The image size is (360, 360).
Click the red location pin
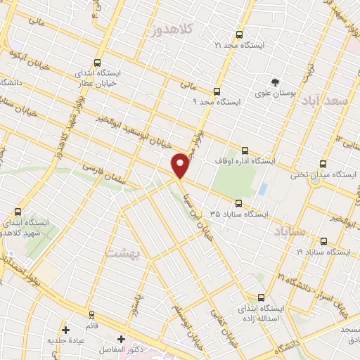[181, 165]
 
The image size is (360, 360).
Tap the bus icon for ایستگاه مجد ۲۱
[239, 34]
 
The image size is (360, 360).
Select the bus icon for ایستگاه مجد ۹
[216, 91]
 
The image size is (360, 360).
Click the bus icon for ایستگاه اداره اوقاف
[245, 150]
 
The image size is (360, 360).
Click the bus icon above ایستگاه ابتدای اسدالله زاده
[262, 297]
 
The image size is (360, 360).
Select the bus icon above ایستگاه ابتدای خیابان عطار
[97, 62]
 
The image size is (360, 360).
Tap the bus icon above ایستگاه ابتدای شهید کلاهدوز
[18, 211]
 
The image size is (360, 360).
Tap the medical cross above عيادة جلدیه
[65, 329]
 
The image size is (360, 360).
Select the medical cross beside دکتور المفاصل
[121, 339]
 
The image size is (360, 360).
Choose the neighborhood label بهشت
[123, 251]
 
